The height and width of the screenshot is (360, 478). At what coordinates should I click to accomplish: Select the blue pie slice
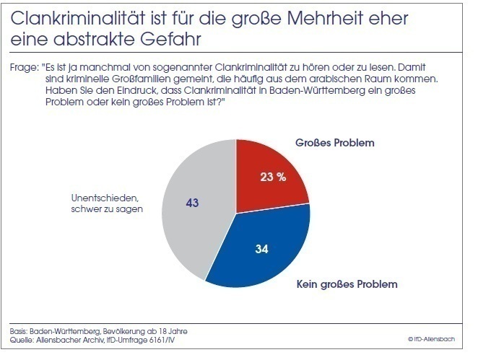pos(267,249)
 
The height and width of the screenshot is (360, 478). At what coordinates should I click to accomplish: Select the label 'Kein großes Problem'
pos(347,284)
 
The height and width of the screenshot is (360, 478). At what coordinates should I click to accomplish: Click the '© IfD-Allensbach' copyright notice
pos(431,338)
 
